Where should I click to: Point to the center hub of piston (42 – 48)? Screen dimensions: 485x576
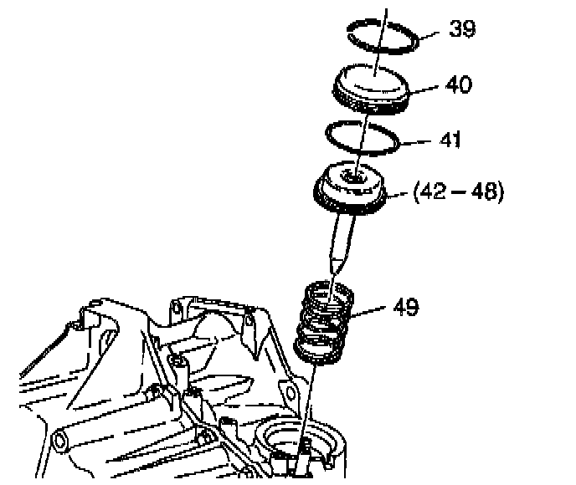point(353,176)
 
